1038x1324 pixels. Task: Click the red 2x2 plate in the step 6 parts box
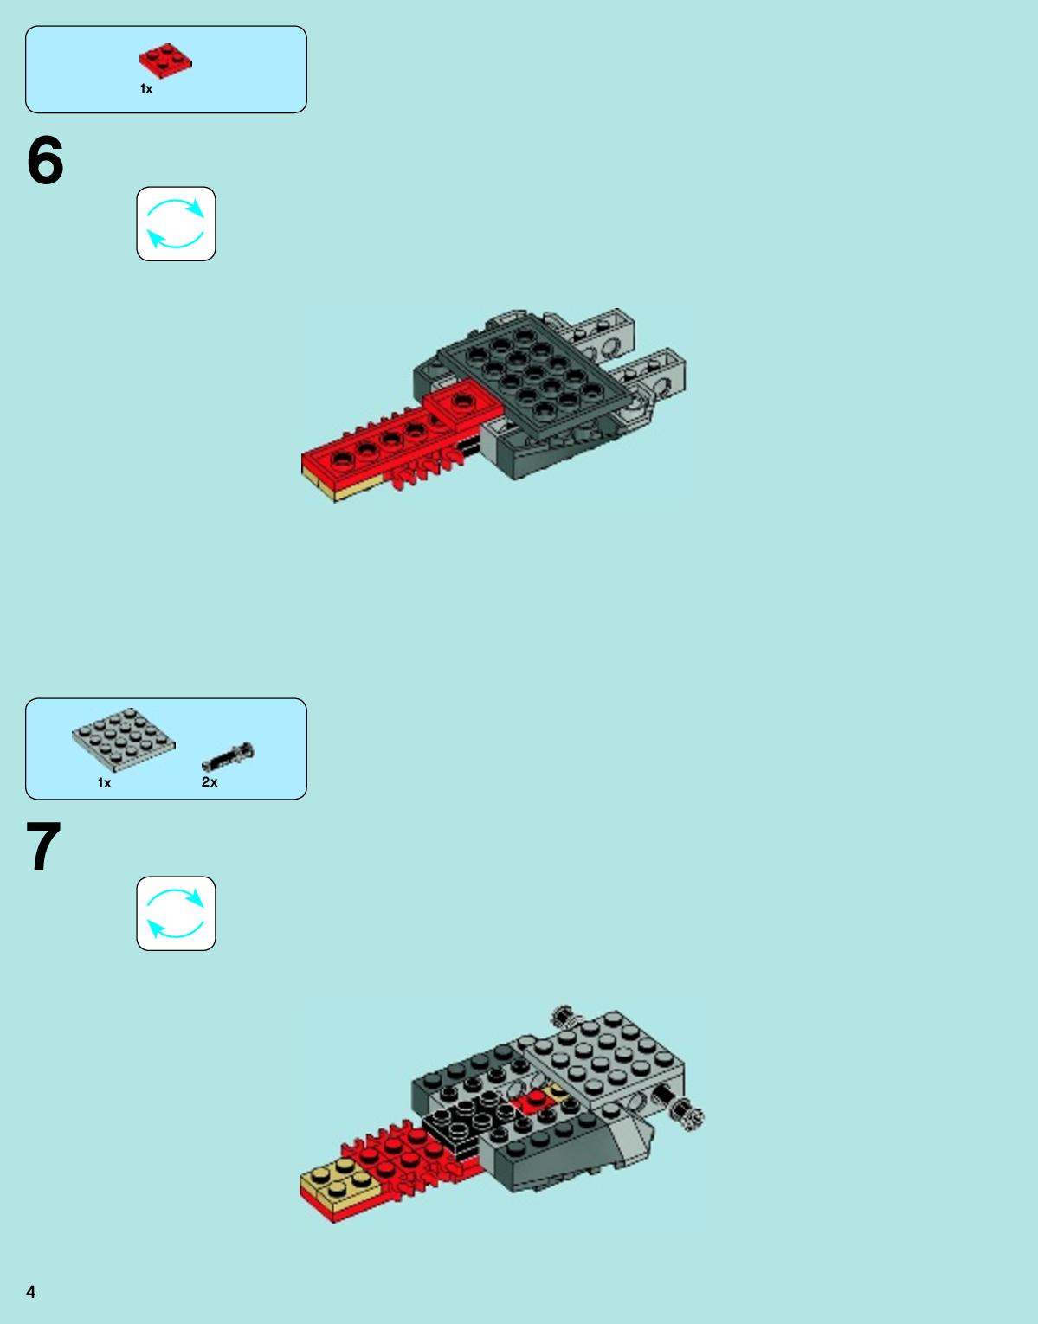[165, 61]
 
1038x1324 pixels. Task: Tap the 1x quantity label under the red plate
[146, 89]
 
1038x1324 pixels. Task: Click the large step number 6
[45, 161]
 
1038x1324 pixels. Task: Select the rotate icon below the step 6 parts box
[176, 223]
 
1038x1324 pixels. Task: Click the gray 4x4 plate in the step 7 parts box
[123, 739]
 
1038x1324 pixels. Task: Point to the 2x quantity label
[210, 781]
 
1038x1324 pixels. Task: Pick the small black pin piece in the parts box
[228, 756]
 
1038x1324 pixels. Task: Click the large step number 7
[43, 846]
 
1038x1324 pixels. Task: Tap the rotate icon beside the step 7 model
[176, 913]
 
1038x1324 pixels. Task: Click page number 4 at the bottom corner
[31, 1292]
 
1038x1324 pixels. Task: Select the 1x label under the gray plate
[104, 783]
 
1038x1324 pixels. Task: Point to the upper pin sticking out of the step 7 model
[565, 1015]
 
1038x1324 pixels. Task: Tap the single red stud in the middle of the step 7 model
[537, 1096]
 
